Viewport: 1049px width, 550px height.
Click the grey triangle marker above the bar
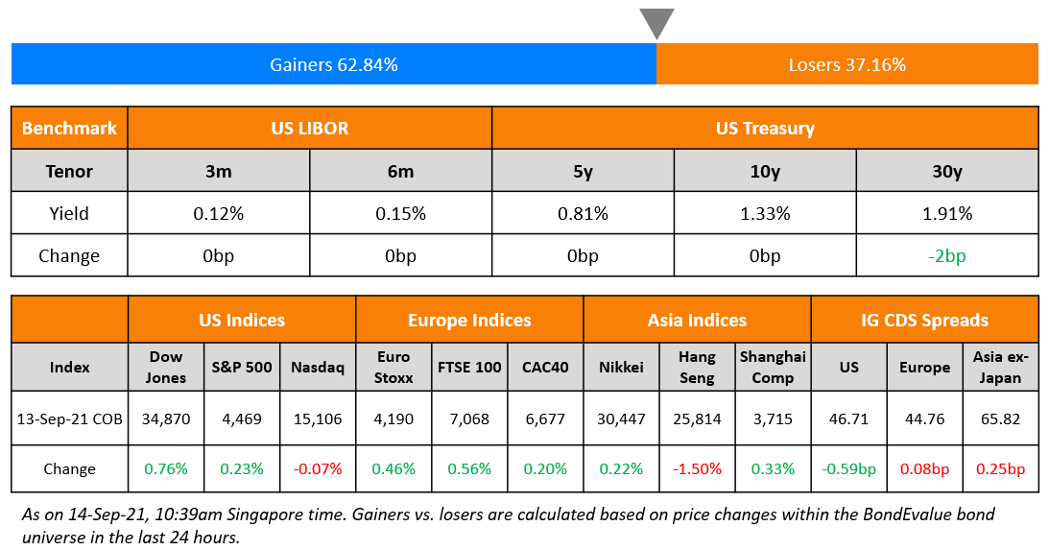coord(656,22)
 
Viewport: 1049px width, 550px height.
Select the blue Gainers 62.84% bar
coord(333,65)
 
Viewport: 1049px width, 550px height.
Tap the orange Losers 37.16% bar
coord(846,65)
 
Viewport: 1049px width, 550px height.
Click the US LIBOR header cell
coord(309,128)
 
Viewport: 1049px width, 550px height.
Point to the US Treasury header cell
coord(764,128)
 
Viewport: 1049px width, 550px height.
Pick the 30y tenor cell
coord(946,172)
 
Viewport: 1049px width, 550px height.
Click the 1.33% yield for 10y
coord(764,213)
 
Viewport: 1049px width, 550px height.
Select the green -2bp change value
coord(946,256)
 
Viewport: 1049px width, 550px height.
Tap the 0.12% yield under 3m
coord(218,213)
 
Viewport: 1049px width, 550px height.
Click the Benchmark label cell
coord(69,128)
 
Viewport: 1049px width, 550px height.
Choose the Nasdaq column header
coord(317,367)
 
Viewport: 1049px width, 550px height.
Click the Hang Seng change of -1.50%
coord(697,468)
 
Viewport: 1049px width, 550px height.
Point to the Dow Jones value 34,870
coord(165,418)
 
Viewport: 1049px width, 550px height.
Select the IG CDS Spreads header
coord(924,320)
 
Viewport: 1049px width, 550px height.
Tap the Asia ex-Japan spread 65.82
coord(1001,418)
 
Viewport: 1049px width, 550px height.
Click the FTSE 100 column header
coord(469,367)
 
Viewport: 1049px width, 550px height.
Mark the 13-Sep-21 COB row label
coord(69,418)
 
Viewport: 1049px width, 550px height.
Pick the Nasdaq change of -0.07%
coord(317,468)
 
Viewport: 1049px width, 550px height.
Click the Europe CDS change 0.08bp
coord(924,468)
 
